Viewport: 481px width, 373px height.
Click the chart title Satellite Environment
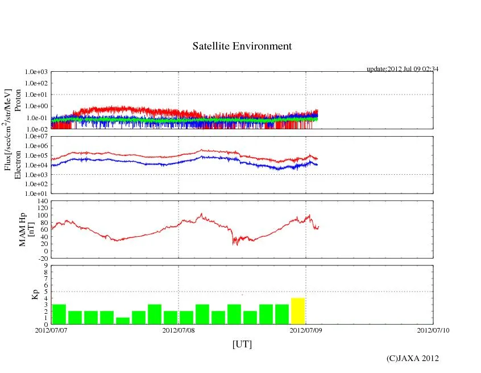pos(242,46)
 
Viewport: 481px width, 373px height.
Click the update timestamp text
pos(402,69)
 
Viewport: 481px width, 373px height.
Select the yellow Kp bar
pos(298,310)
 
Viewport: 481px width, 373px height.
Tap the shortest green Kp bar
pos(123,321)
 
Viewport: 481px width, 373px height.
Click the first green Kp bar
pos(59,314)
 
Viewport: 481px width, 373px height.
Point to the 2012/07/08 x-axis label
pos(179,330)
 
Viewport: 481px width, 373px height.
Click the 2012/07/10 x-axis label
pos(433,330)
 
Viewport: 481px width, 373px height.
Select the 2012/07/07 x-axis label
pos(51,330)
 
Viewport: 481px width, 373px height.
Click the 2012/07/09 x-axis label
pos(306,330)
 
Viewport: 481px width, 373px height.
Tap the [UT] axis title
pos(242,344)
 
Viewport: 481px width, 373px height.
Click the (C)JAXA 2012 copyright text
pos(412,358)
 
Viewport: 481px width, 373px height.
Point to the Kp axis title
pos(35,294)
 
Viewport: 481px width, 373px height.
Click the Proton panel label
pos(18,101)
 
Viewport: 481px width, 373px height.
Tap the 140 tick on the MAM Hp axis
pos(42,201)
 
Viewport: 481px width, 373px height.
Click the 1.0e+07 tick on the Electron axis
pos(36,137)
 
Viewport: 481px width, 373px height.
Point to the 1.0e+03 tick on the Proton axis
pos(36,72)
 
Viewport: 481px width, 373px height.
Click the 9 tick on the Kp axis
pos(45,265)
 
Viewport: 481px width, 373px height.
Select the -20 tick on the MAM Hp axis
pos(42,258)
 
